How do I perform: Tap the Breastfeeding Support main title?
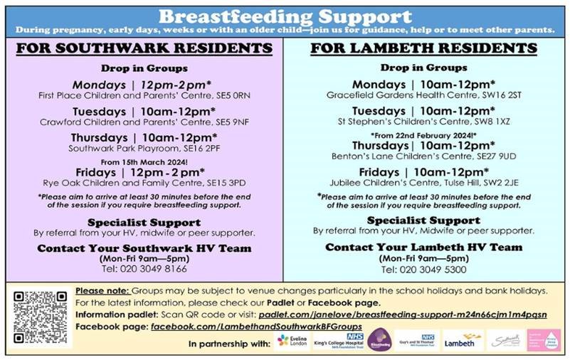285,16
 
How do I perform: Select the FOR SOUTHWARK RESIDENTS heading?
144,48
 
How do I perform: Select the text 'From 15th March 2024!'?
145,161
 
